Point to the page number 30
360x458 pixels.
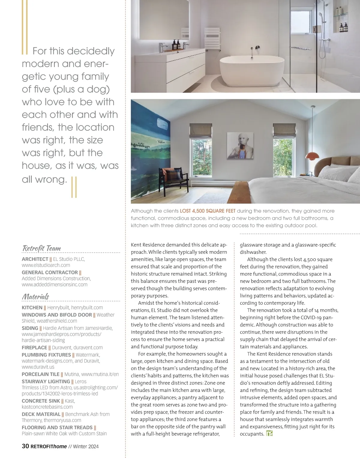[x=25, y=446]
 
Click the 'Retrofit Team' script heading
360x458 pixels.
[x=41, y=248]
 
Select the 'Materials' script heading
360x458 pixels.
[x=35, y=297]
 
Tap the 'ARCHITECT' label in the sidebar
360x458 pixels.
[x=35, y=259]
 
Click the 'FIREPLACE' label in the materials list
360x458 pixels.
[x=34, y=348]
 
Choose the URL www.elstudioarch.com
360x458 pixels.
[x=46, y=265]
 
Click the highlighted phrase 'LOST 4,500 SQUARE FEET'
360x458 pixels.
[x=208, y=211]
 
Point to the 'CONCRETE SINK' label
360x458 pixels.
[x=41, y=401]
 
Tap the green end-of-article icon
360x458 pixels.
[x=269, y=433]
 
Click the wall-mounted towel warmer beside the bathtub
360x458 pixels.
[x=212, y=37]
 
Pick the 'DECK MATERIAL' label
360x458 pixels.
[x=41, y=414]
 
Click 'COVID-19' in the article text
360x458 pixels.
[x=311, y=317]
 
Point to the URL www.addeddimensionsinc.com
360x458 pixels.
[x=55, y=284]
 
